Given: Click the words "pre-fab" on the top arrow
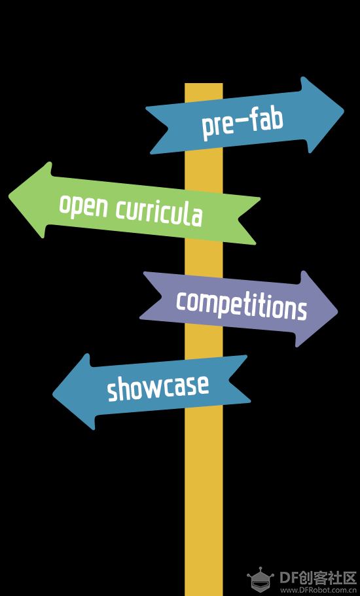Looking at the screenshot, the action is click(x=243, y=122).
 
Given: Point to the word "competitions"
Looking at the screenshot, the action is click(x=242, y=306).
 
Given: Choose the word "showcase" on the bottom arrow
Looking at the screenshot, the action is click(x=158, y=387).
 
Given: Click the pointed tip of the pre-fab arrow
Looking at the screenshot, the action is click(x=343, y=111).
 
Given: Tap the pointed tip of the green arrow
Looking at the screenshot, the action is click(x=9, y=197).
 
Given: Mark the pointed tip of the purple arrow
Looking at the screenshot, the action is click(x=337, y=311).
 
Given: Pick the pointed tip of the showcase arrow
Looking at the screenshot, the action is click(x=53, y=394).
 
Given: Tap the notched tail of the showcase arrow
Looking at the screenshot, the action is click(x=229, y=381).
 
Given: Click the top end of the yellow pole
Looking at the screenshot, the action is click(x=204, y=84).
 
